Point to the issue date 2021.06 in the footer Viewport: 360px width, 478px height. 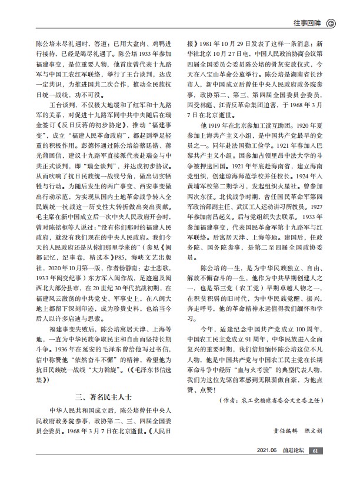[267, 467]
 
